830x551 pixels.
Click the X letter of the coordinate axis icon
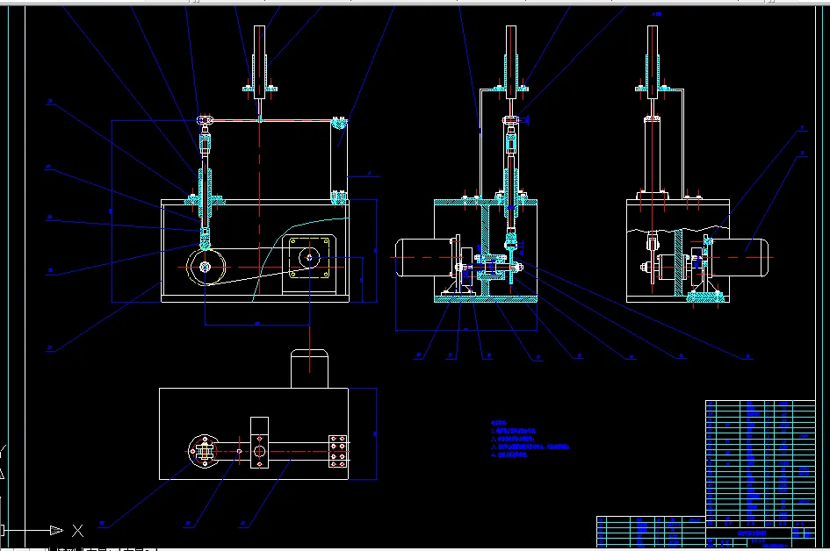(77, 530)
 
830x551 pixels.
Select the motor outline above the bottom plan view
(310, 369)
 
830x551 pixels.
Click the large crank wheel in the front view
(206, 267)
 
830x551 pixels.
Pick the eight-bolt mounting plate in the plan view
(337, 452)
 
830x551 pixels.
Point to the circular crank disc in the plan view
(201, 451)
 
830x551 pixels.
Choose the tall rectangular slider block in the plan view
(259, 444)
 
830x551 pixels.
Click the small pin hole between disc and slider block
(238, 451)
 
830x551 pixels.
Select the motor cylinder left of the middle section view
(420, 260)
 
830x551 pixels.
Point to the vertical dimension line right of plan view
(376, 434)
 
